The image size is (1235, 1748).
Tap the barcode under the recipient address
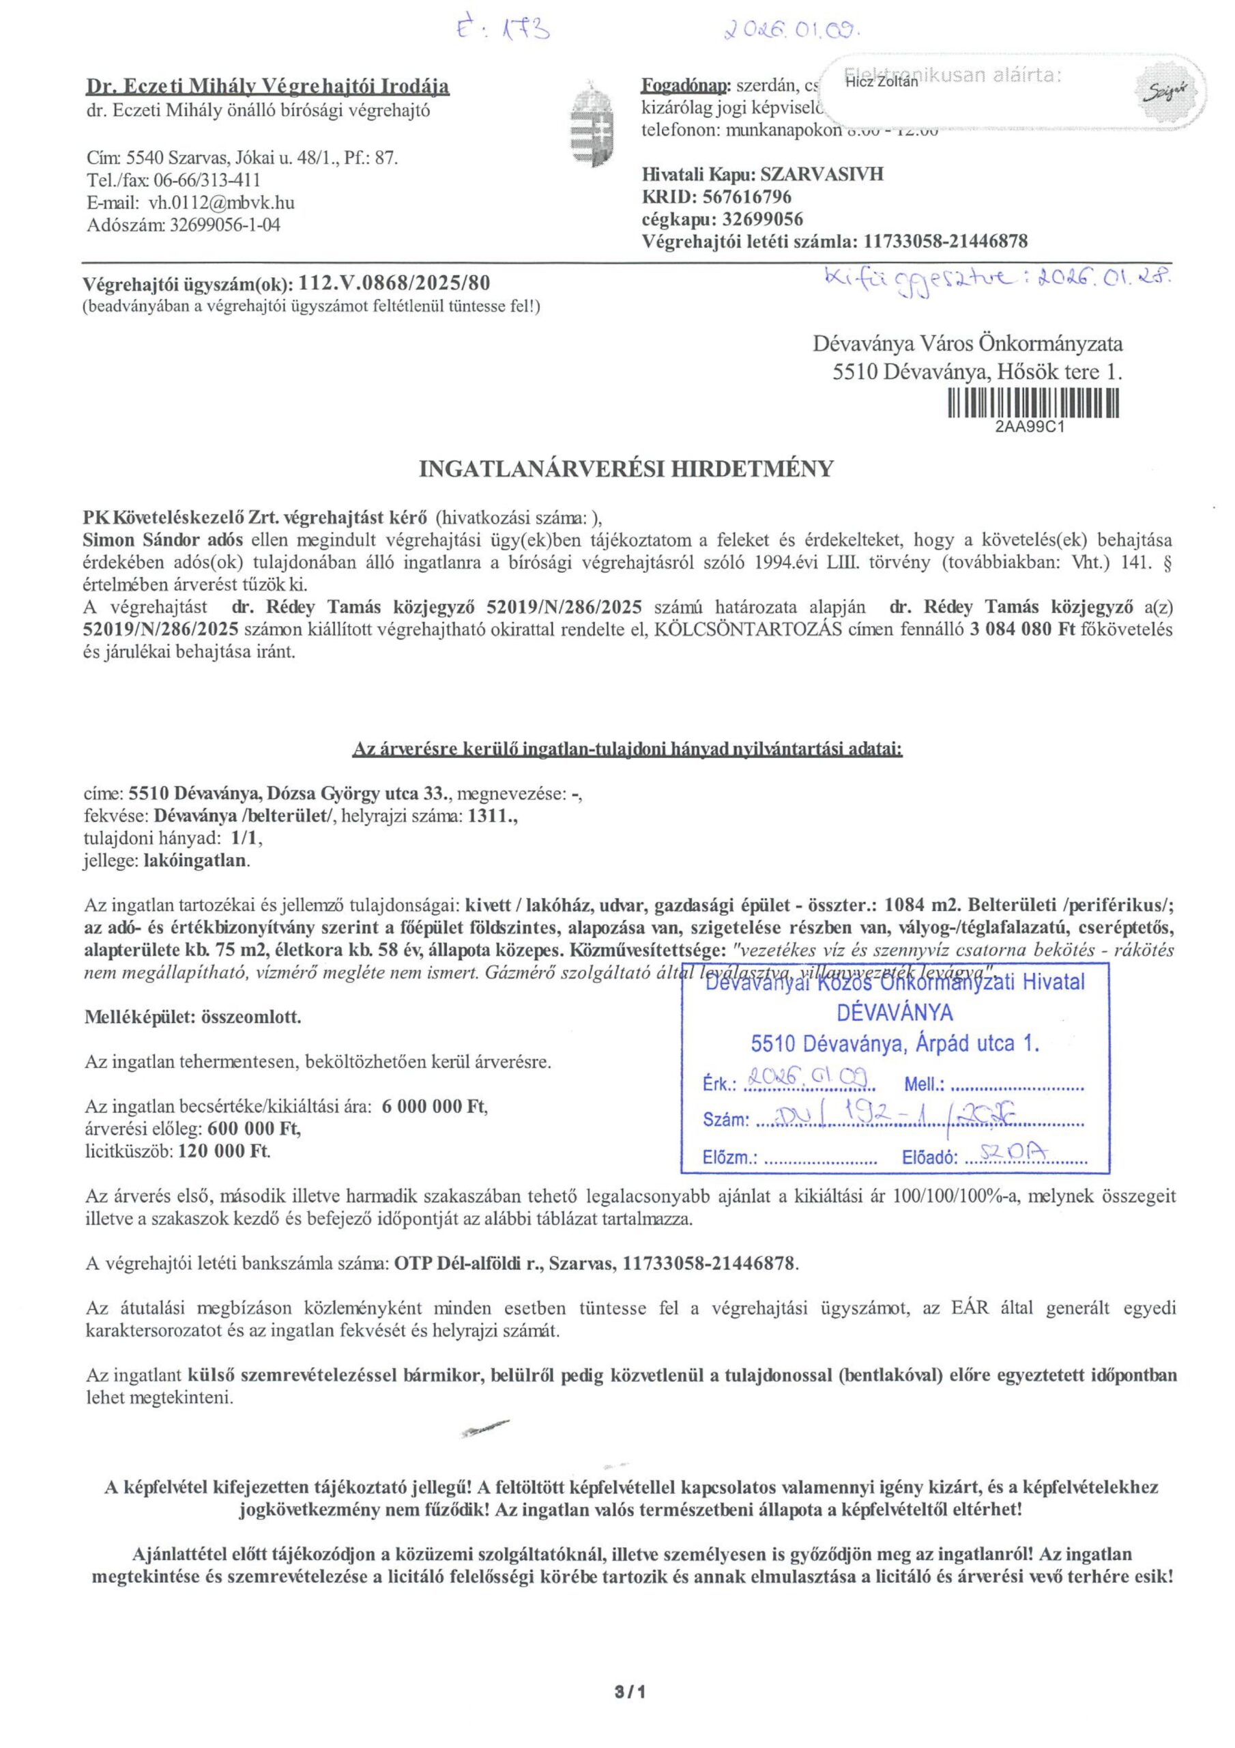pos(1033,403)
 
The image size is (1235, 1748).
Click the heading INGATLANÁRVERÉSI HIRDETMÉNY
pos(626,469)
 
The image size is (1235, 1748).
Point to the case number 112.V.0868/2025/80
pos(395,284)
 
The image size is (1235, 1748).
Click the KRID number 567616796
pos(747,197)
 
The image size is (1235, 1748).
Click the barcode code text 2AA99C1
pos(1029,426)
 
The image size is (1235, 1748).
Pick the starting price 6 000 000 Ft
pos(434,1107)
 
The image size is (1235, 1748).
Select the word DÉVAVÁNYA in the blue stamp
pos(895,1013)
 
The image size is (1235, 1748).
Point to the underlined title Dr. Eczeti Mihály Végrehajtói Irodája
pos(268,87)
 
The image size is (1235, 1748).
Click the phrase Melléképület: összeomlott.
pos(193,1017)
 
